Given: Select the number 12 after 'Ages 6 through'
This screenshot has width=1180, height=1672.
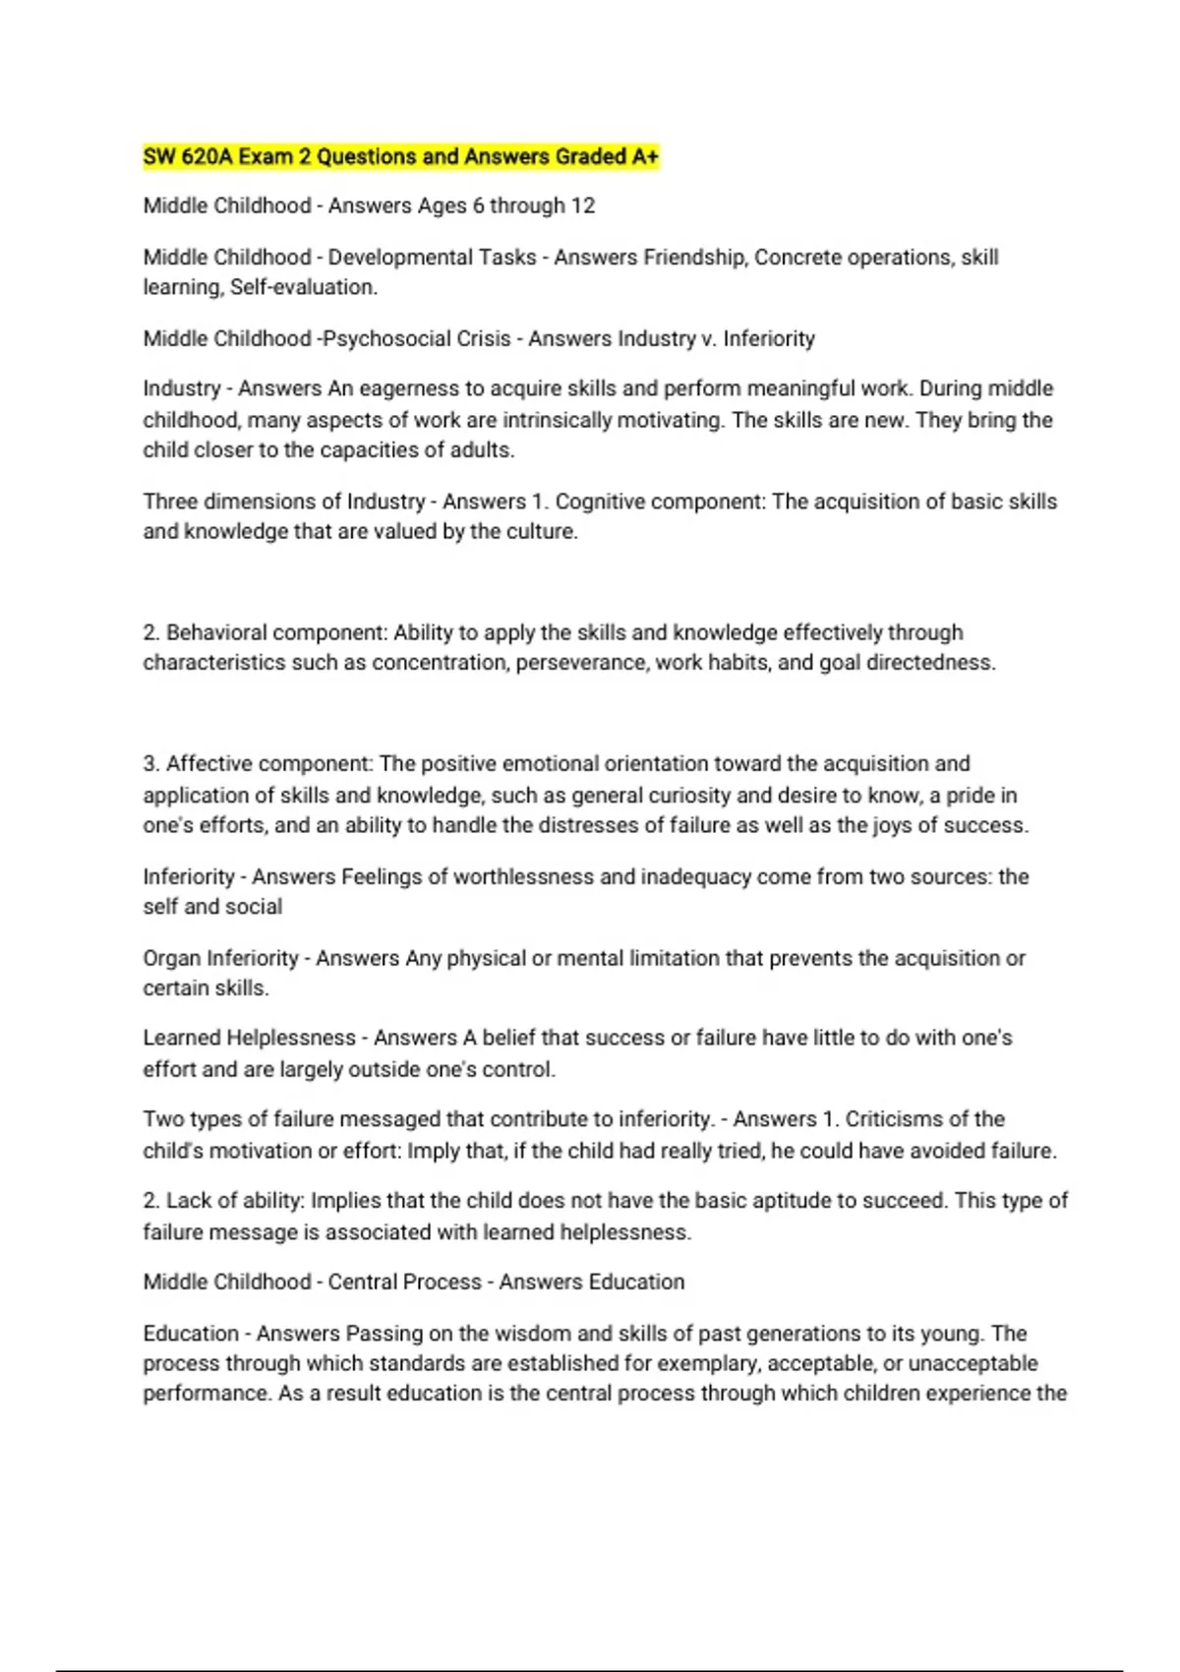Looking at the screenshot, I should [583, 206].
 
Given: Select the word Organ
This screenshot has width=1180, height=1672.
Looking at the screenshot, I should [171, 958].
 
